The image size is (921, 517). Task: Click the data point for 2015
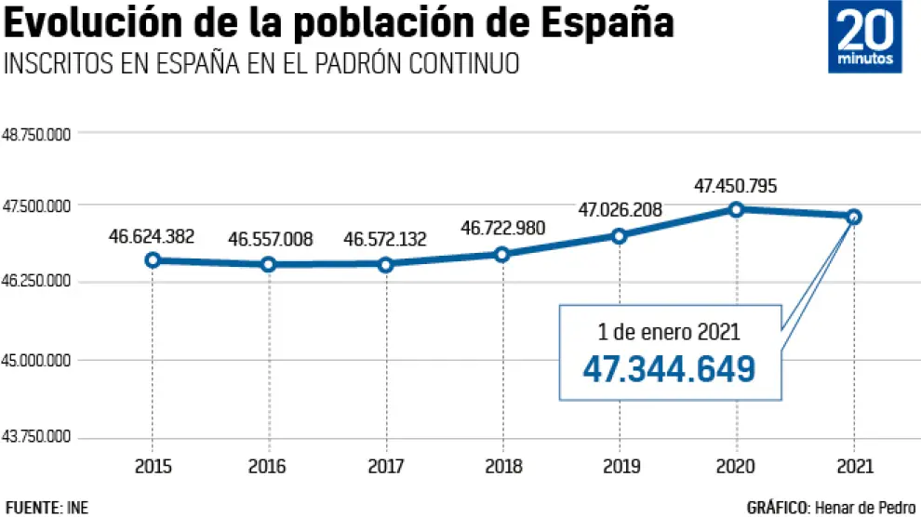pyautogui.click(x=152, y=259)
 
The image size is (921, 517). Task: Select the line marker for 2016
pyautogui.click(x=269, y=264)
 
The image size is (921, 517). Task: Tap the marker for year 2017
pyautogui.click(x=386, y=264)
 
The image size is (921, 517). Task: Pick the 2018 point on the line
pyautogui.click(x=502, y=254)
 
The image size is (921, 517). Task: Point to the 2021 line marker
pyautogui.click(x=854, y=217)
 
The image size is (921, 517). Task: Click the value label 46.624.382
pyautogui.click(x=152, y=236)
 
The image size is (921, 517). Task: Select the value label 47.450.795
pyautogui.click(x=736, y=186)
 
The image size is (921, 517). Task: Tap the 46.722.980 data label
pyautogui.click(x=503, y=228)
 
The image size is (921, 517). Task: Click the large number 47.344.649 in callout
pyautogui.click(x=669, y=369)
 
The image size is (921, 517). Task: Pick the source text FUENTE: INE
pyautogui.click(x=47, y=507)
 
